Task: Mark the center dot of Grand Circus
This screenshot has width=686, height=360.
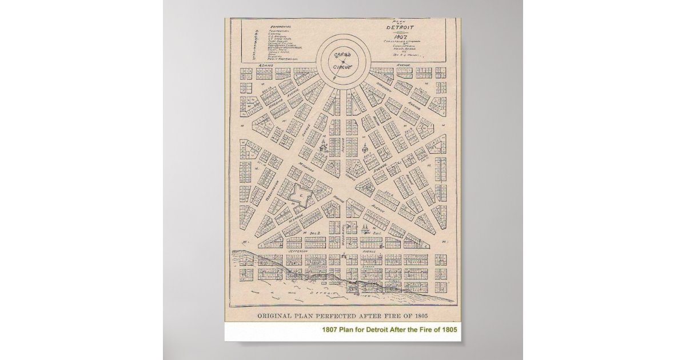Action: pos(343,61)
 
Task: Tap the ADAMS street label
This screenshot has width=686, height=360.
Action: pos(266,66)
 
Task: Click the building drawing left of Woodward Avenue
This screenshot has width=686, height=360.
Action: pos(323,145)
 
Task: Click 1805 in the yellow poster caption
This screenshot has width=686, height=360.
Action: pos(449,330)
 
